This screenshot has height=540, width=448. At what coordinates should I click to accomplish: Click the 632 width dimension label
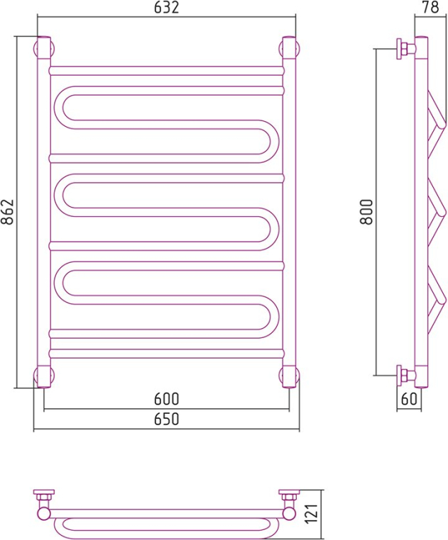coord(166,7)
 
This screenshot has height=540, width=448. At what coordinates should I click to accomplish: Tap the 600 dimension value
coord(166,399)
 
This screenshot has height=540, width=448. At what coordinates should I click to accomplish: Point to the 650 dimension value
coord(166,419)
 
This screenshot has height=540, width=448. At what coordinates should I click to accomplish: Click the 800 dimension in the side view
coord(366,212)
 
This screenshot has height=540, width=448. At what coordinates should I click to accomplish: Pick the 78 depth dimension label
coord(430,7)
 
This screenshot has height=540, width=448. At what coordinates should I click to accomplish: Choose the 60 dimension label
coord(409,399)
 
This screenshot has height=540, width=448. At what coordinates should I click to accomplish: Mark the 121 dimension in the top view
coord(312,514)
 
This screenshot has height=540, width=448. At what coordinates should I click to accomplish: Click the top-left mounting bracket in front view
coord(44,48)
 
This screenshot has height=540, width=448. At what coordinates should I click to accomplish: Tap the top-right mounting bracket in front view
coord(289,48)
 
